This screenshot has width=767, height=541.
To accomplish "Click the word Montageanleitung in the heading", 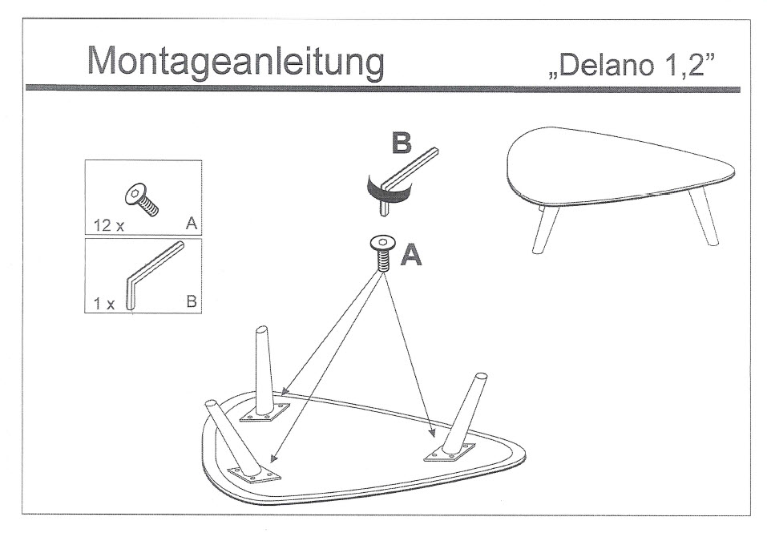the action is pyautogui.click(x=236, y=63).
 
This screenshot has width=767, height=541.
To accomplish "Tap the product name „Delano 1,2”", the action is pyautogui.click(x=632, y=65).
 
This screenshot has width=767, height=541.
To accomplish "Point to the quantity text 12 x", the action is pyautogui.click(x=108, y=225).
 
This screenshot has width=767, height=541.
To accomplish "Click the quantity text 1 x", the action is pyautogui.click(x=103, y=304).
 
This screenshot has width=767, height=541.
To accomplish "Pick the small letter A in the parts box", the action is pyautogui.click(x=192, y=224).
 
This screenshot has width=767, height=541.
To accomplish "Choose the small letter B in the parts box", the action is pyautogui.click(x=192, y=301).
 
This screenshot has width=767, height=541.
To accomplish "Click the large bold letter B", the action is pyautogui.click(x=401, y=143).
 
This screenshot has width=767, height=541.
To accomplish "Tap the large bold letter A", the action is pyautogui.click(x=411, y=255).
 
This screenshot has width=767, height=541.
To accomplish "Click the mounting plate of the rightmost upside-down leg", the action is pyautogui.click(x=450, y=453).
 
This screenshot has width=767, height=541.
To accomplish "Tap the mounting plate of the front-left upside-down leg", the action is pyautogui.click(x=255, y=474).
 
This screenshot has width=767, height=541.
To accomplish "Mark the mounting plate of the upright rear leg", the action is pyautogui.click(x=265, y=412).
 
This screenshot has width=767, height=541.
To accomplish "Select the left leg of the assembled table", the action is pyautogui.click(x=545, y=228).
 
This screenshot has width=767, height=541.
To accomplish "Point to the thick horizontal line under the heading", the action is pyautogui.click(x=383, y=88).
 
